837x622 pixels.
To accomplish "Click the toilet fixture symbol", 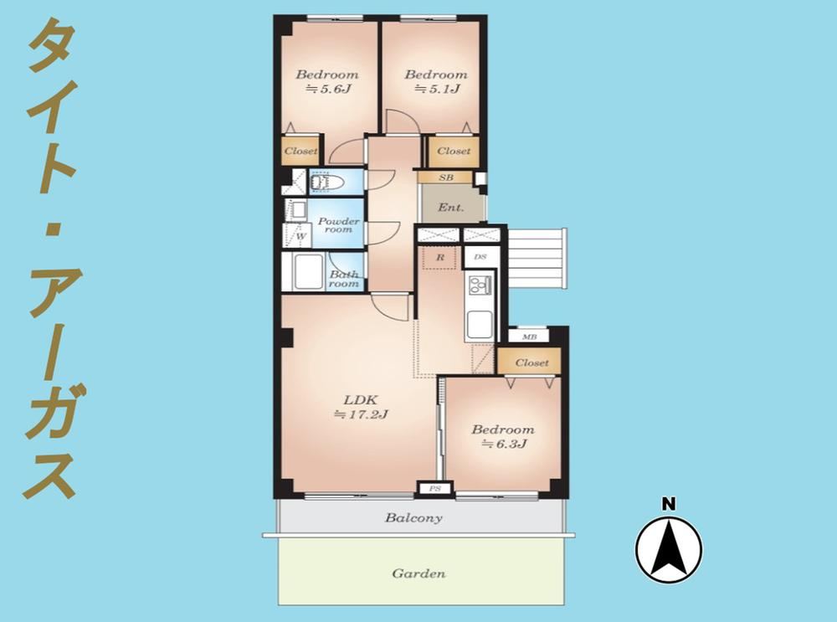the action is click(x=326, y=182).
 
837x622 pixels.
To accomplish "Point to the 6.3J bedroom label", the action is click(x=502, y=437).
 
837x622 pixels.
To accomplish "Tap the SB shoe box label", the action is click(x=446, y=177).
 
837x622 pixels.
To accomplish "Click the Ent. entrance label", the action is click(x=451, y=207).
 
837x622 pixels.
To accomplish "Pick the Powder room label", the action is click(x=338, y=225).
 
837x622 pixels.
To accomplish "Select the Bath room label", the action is click(x=344, y=279).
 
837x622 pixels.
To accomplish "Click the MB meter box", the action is click(x=528, y=337).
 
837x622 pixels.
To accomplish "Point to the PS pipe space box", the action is click(x=435, y=488).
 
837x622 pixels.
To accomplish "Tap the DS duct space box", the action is click(x=480, y=257).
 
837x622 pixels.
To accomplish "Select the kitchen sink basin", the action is click(x=480, y=324).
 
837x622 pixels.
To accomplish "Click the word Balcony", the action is click(x=414, y=518).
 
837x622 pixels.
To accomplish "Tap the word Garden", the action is click(x=419, y=574).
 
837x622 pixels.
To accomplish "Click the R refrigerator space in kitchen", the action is click(x=440, y=257).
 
